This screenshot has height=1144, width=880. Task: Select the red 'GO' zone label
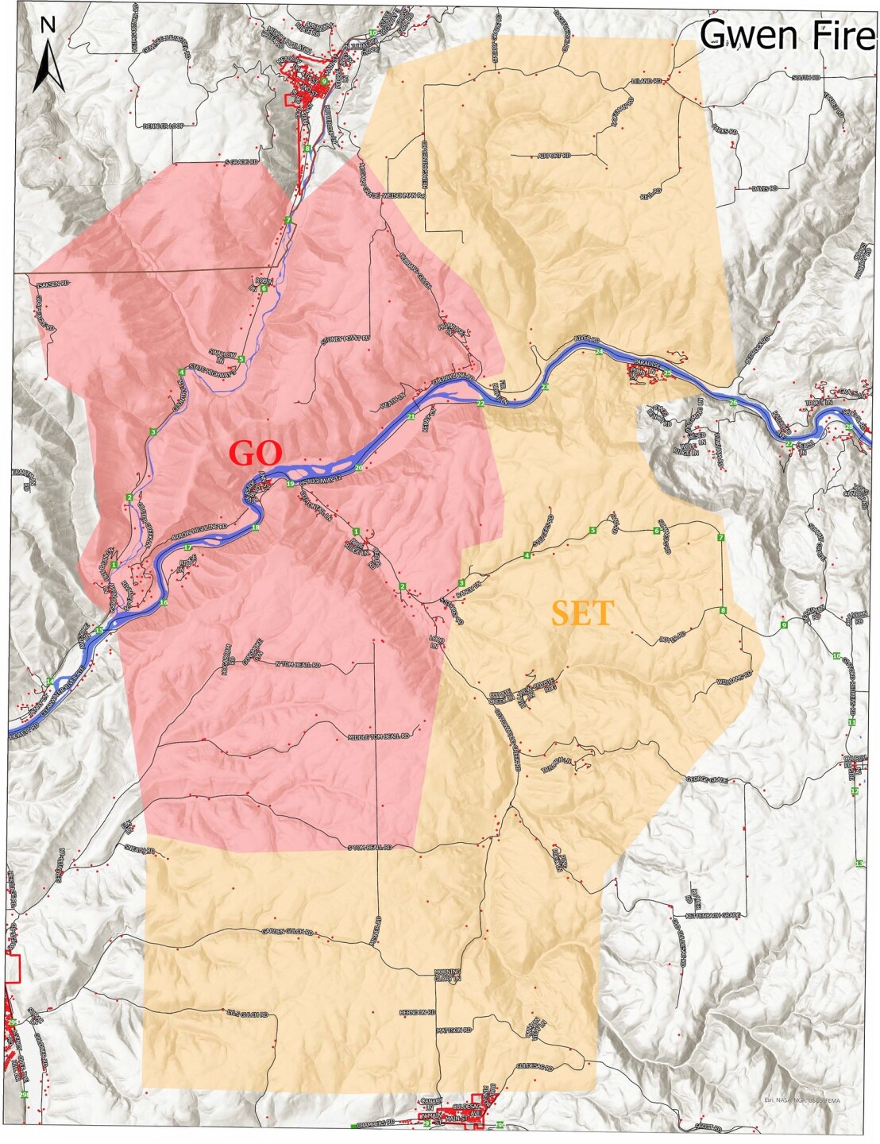[x=255, y=454]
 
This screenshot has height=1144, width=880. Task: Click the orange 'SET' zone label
[x=582, y=614]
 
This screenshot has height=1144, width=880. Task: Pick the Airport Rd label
[x=554, y=157]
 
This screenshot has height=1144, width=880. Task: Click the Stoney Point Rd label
[x=345, y=339]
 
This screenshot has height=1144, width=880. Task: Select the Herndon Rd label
[x=418, y=1013]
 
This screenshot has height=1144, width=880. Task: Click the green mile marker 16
[x=164, y=603]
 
